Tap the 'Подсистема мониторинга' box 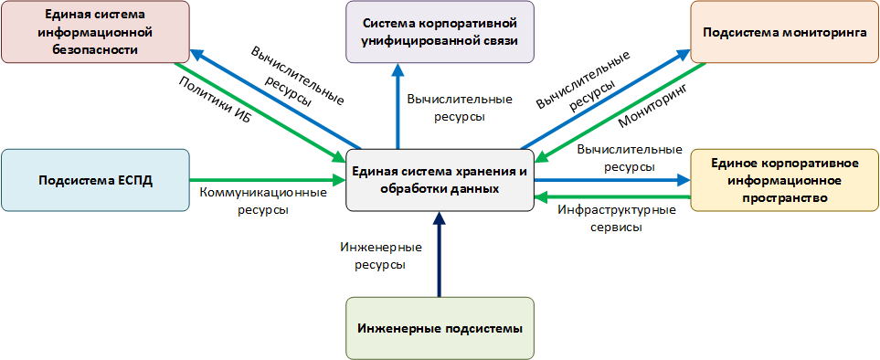(783, 32)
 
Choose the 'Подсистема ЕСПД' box (94, 179)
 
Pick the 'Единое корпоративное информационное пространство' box (784, 180)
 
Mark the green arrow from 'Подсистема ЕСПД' (265, 179)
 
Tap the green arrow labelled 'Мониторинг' (621, 111)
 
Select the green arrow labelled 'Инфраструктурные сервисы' (612, 196)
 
